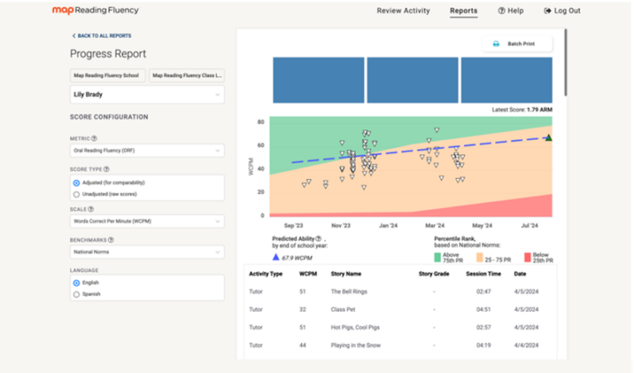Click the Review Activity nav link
403,11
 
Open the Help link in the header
510,11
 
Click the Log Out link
562,11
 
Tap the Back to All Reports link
102,35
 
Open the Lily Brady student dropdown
146,95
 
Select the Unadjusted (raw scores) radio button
77,194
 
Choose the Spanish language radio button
77,294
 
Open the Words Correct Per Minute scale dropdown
146,221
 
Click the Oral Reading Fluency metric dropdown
146,151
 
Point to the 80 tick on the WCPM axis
260,122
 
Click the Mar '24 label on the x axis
434,225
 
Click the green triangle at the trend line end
548,138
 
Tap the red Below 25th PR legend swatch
528,257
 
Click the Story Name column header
346,273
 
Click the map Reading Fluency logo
95,11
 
